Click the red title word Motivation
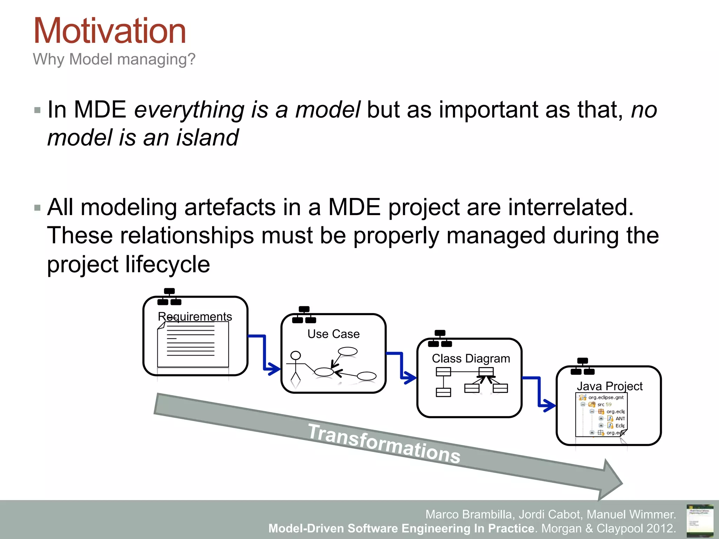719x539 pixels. tap(110, 32)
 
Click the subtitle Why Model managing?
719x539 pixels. tap(114, 59)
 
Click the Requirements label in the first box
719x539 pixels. tap(195, 317)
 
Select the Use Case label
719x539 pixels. tap(333, 334)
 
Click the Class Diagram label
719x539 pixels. tap(470, 359)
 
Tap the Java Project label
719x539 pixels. tap(609, 386)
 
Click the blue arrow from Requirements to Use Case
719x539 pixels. tap(265, 354)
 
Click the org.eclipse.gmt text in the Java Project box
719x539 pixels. tap(606, 398)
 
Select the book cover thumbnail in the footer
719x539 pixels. tap(700, 520)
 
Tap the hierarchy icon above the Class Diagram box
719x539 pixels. tap(440, 339)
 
